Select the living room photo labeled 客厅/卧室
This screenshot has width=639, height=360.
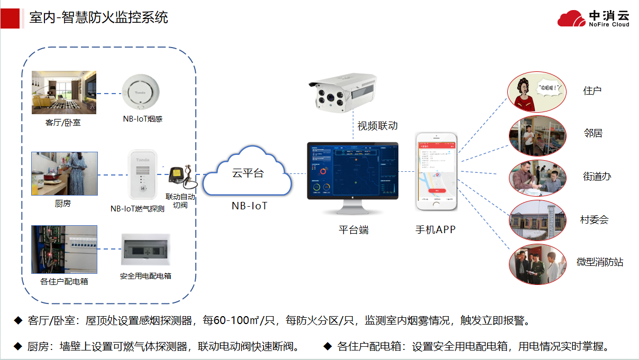pyautogui.click(x=64, y=92)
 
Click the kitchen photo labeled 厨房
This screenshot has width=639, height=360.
pyautogui.click(x=64, y=173)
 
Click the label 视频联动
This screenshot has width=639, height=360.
pyautogui.click(x=377, y=126)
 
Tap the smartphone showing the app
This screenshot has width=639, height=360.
pyautogui.click(x=436, y=171)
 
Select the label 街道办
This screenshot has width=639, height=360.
pyautogui.click(x=597, y=177)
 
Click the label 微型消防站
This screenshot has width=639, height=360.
pyautogui.click(x=599, y=262)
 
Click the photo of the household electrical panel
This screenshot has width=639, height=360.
pyautogui.click(x=64, y=250)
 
